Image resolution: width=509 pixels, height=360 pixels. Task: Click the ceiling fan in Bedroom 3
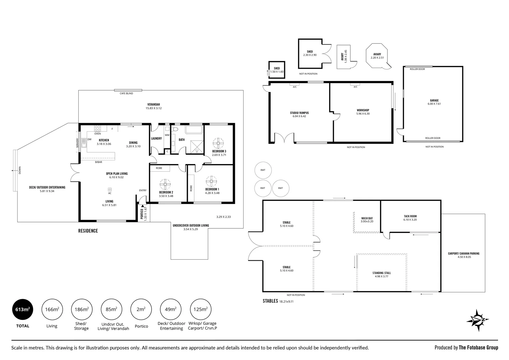(219, 143)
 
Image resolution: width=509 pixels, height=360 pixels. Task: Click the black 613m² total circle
(22, 309)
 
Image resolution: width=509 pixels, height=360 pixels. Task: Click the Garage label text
(434, 100)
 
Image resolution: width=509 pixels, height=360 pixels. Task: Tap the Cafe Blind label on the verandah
(126, 93)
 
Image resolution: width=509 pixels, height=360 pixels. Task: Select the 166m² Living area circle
(52, 309)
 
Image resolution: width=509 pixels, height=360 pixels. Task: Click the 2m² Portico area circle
(141, 309)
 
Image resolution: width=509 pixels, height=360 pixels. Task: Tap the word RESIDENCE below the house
(88, 231)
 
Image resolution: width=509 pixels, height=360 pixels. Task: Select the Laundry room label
(156, 139)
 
